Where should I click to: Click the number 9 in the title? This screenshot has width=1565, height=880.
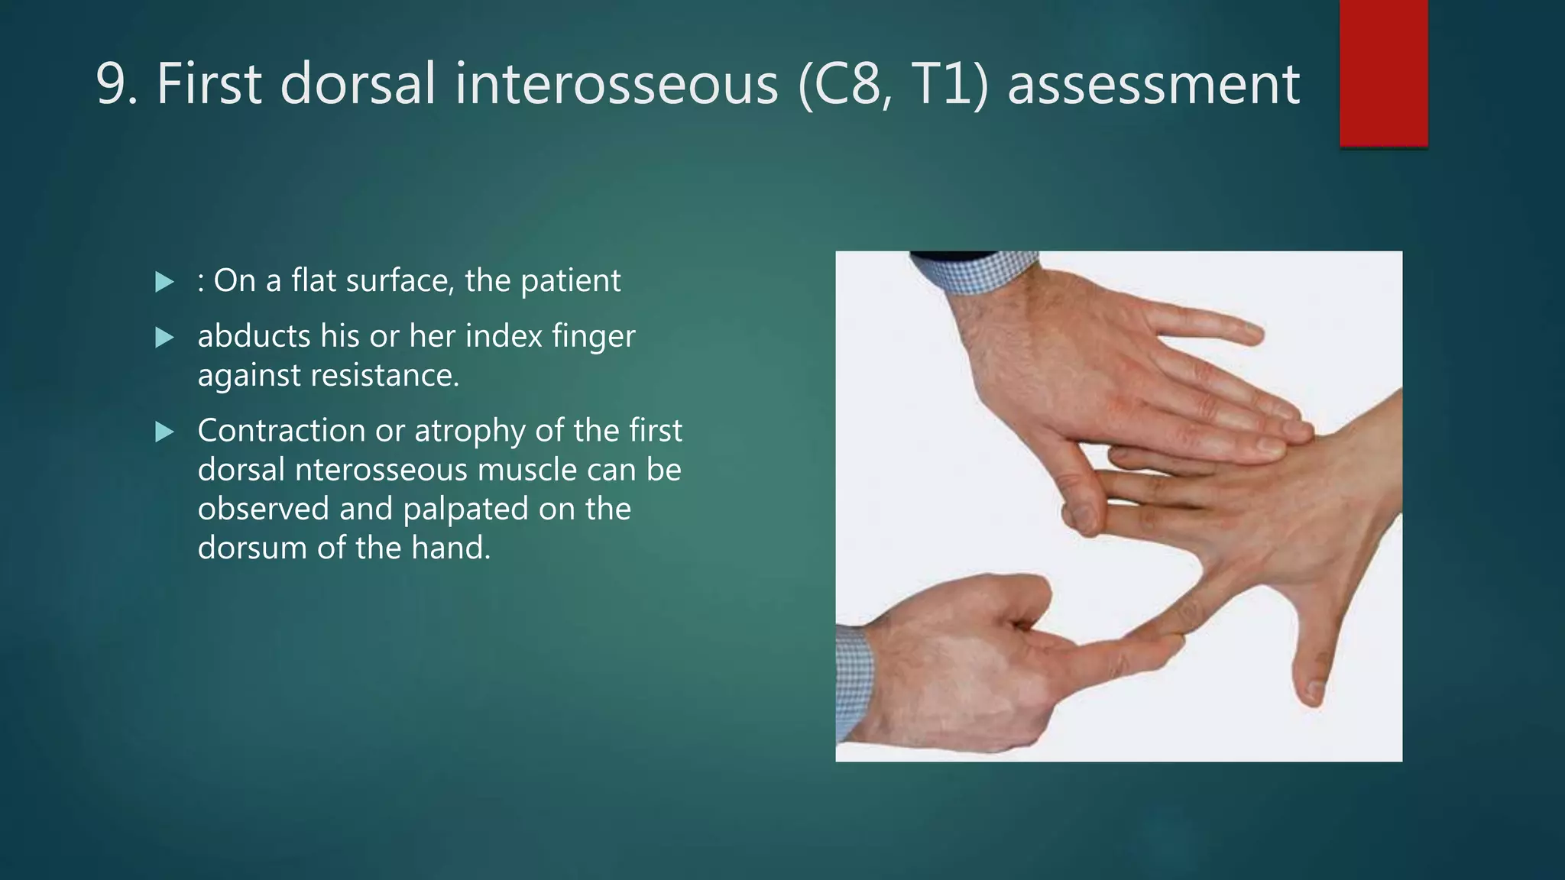click(112, 84)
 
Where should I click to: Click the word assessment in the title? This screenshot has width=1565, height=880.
click(1153, 84)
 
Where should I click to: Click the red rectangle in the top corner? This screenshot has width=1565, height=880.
click(1383, 73)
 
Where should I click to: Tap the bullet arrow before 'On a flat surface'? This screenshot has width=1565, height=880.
click(164, 283)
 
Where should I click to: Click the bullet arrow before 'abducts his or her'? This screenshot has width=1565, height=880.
click(164, 338)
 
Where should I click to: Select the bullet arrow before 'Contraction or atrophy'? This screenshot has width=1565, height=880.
click(164, 432)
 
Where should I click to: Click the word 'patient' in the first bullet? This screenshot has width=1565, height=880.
click(570, 281)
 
